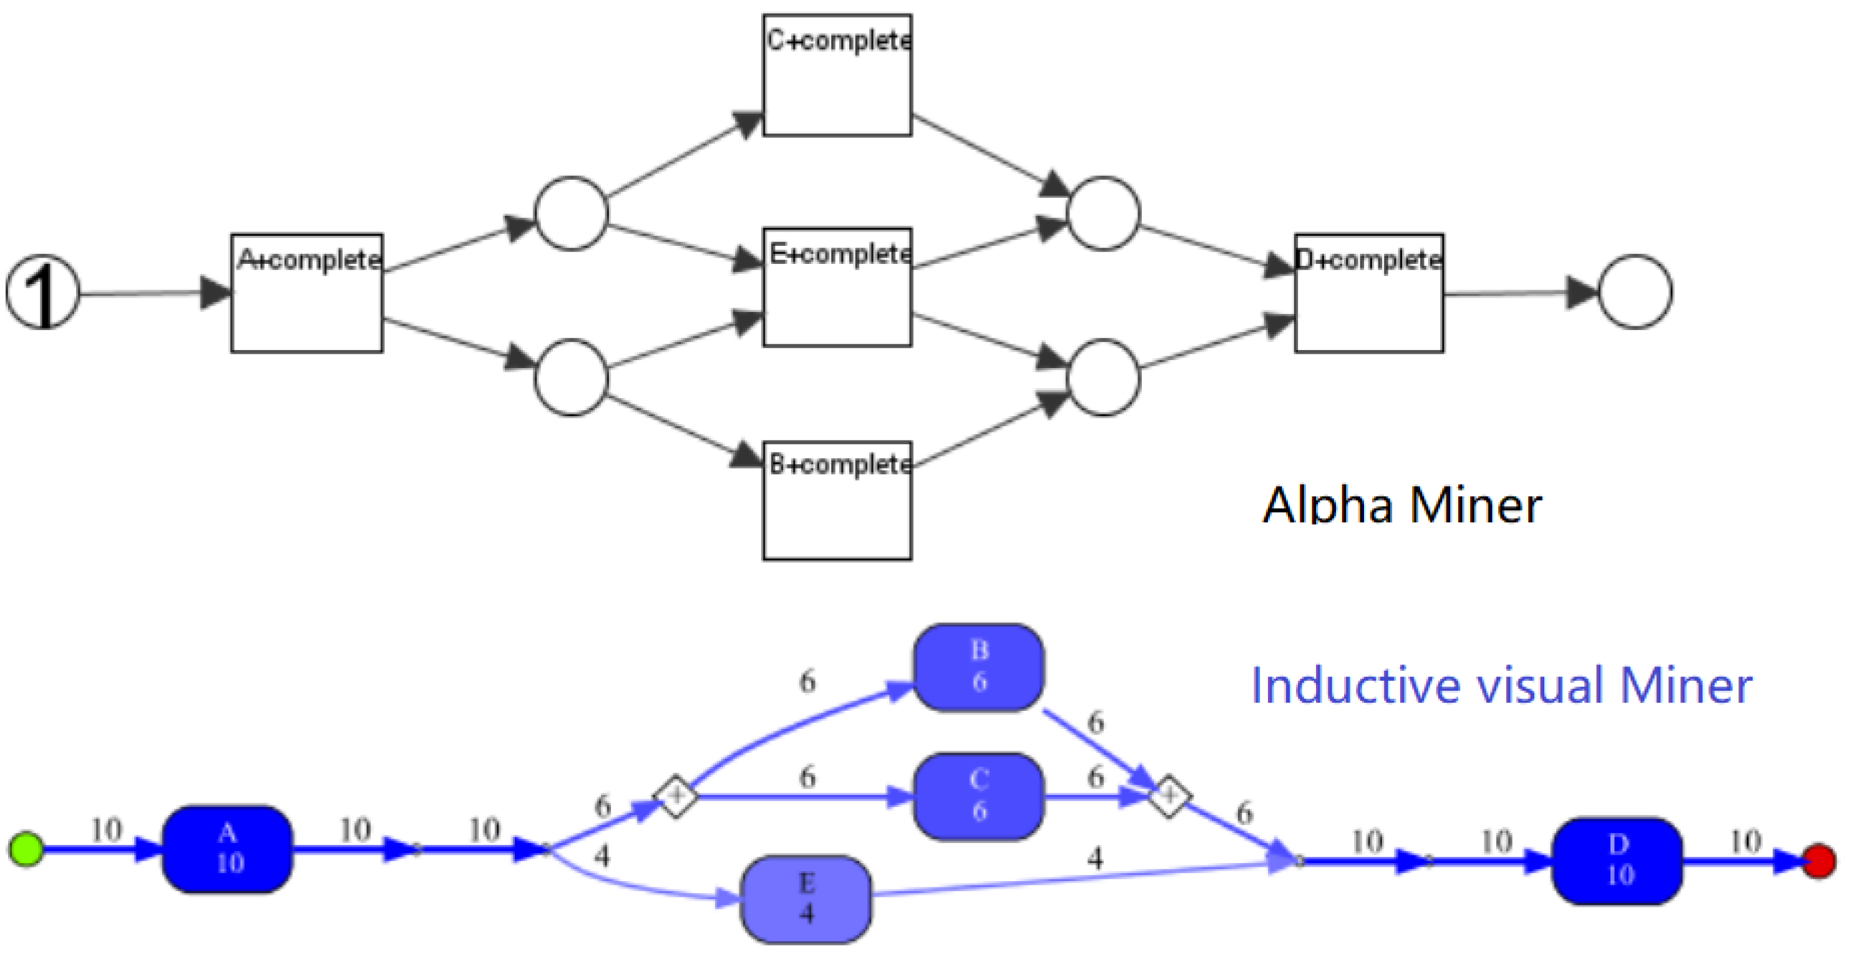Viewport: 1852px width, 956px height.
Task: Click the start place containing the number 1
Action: coord(42,292)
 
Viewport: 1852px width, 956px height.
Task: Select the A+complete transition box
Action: coord(306,293)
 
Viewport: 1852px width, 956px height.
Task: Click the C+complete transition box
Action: coord(837,75)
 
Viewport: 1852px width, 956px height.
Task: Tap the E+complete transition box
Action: coord(837,288)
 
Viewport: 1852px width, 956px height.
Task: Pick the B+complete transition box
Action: coord(837,500)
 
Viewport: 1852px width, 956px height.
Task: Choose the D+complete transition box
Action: coord(1368,293)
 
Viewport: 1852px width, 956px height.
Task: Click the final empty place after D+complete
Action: coord(1635,292)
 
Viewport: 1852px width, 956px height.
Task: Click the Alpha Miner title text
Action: coord(1402,505)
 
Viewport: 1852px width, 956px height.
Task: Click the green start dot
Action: coord(26,850)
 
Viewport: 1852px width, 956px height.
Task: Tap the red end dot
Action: coord(1818,861)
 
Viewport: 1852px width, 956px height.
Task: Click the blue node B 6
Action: coord(978,667)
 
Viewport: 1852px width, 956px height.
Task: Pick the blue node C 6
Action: coord(978,796)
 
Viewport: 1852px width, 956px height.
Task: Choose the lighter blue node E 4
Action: coord(806,899)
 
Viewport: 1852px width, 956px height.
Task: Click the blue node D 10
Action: coord(1617,861)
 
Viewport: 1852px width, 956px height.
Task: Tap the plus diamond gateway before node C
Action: coord(675,796)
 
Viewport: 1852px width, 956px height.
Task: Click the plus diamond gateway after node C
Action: coord(1169,796)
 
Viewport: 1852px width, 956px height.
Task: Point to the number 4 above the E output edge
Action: coord(1094,858)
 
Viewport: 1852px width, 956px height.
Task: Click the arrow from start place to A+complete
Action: coord(144,293)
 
